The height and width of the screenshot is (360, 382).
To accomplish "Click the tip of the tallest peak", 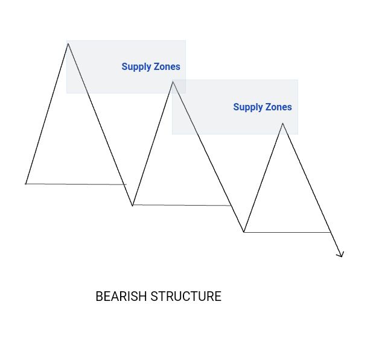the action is click(x=68, y=43).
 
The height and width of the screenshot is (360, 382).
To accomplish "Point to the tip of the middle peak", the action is click(x=173, y=82).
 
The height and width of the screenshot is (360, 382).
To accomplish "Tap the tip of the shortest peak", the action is click(x=282, y=124).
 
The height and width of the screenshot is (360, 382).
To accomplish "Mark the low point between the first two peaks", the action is click(x=133, y=206).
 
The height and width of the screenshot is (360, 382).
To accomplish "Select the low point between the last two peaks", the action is click(x=244, y=232).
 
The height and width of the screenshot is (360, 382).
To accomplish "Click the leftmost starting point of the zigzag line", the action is click(x=25, y=183).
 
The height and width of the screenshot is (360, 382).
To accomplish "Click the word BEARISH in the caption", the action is click(x=121, y=297).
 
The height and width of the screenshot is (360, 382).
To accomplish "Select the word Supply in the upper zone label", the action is click(x=136, y=67).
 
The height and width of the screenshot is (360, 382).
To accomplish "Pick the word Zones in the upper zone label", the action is click(x=167, y=67).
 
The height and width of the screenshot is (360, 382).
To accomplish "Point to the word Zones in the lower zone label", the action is click(x=279, y=107).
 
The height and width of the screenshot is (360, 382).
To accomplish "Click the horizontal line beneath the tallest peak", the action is click(x=75, y=184).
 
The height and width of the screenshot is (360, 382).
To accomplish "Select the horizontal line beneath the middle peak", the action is click(x=181, y=206).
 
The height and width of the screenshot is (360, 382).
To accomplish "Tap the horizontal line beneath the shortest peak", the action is click(x=287, y=232).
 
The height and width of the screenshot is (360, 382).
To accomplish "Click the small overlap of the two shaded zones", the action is click(x=179, y=86).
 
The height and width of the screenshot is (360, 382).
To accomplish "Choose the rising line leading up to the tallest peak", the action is click(x=47, y=113).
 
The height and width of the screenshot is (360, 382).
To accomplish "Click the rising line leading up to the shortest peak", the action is click(x=263, y=177).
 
